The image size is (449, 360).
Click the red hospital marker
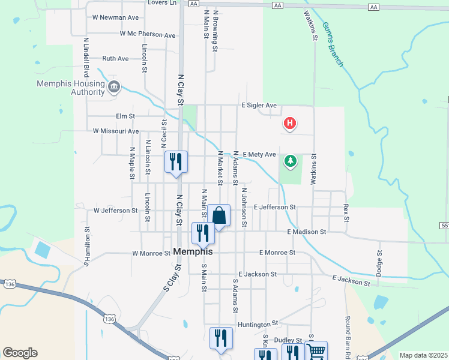click(x=290, y=124)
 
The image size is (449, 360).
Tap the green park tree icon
click(x=291, y=161)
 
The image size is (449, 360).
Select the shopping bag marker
click(x=218, y=215)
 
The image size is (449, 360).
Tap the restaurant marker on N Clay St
click(x=176, y=161)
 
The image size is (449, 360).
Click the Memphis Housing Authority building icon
click(x=113, y=88)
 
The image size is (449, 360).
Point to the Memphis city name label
click(x=193, y=252)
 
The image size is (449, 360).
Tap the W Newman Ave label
click(x=115, y=18)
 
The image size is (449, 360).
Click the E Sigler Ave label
click(x=259, y=106)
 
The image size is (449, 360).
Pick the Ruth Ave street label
click(x=115, y=59)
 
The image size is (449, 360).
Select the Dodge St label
click(x=379, y=263)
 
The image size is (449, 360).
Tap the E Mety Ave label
click(x=259, y=154)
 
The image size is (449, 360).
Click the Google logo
click(x=20, y=353)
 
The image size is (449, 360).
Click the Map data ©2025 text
click(x=423, y=355)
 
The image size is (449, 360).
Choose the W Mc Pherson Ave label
click(x=147, y=34)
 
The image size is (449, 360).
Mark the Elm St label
click(x=125, y=116)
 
